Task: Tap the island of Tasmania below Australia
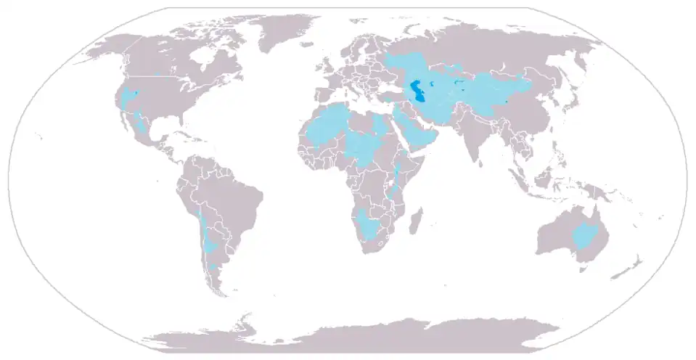(581, 269)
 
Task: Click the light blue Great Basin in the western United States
(131, 98)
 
